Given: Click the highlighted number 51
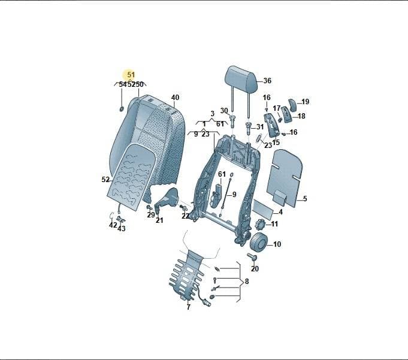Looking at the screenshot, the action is (x=131, y=75).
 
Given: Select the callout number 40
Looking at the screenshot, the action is (x=175, y=97).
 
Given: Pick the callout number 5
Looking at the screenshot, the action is (x=305, y=199).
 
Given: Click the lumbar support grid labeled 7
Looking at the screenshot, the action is (x=186, y=276).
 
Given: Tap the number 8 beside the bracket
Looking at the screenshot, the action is (x=247, y=281).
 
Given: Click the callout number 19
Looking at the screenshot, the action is (x=305, y=101).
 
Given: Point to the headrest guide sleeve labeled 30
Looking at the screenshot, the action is (x=233, y=121).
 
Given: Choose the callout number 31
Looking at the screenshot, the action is (x=260, y=127).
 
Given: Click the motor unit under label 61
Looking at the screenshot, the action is (x=216, y=195).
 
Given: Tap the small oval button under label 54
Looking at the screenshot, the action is (x=122, y=109).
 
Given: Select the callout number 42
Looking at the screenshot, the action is (x=113, y=225).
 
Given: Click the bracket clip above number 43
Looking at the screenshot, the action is (x=120, y=219).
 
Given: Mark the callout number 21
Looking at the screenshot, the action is (x=159, y=220).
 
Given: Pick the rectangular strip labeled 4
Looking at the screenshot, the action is (x=263, y=207).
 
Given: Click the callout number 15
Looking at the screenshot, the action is (x=276, y=143).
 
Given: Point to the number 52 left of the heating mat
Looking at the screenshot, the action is (x=105, y=180).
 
